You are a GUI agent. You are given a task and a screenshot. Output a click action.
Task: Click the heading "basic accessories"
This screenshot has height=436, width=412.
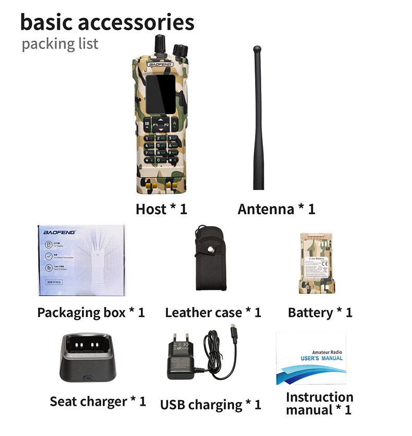click(x=107, y=22)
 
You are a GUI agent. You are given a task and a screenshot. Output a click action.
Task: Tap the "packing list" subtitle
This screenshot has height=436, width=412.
click(x=59, y=44)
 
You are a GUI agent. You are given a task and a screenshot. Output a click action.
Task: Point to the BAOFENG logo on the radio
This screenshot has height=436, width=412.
click(x=159, y=64)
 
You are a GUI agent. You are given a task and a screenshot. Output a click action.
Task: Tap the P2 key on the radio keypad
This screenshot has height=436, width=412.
click(x=166, y=125)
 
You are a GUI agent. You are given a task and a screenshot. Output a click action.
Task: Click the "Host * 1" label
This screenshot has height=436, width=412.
click(x=161, y=209)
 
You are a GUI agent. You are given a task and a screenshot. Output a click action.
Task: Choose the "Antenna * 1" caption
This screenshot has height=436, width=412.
click(x=276, y=209)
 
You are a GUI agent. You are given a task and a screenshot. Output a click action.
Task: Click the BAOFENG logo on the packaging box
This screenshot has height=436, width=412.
click(x=59, y=231)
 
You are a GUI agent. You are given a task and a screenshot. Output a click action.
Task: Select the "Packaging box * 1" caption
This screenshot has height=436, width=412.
click(x=91, y=313)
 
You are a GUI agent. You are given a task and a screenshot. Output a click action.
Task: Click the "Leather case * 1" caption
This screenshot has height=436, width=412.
click(x=213, y=313)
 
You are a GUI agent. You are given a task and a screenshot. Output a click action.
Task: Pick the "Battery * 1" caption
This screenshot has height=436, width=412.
click(x=320, y=313)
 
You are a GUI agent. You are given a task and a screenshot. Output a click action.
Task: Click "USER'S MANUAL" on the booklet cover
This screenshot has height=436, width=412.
click(x=322, y=358)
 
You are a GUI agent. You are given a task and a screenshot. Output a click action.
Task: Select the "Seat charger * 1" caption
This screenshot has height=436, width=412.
click(x=98, y=402)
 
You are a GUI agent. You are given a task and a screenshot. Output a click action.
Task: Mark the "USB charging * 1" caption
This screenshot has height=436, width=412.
click(x=210, y=405)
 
